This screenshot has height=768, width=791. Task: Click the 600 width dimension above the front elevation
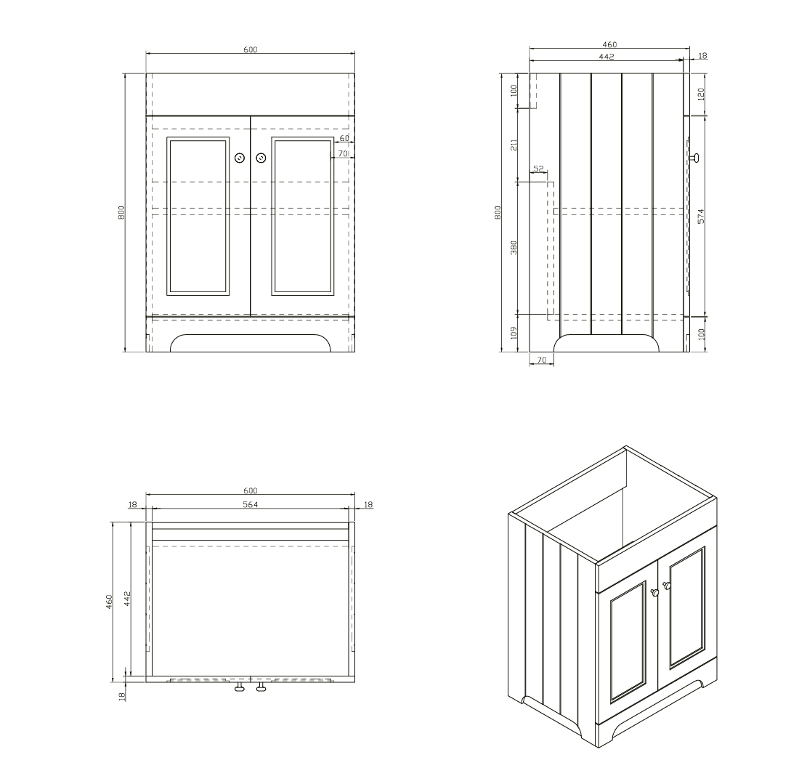(x=250, y=49)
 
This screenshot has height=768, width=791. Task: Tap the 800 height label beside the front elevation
(x=121, y=212)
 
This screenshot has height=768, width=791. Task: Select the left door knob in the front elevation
(x=240, y=158)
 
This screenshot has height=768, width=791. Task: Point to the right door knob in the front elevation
(x=261, y=158)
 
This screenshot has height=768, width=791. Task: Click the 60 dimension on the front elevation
(x=344, y=138)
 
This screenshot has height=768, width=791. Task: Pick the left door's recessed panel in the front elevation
(x=198, y=216)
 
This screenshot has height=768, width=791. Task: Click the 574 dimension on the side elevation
(x=700, y=217)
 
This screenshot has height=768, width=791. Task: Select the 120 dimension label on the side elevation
(x=700, y=94)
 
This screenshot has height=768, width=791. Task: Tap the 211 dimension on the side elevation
(x=514, y=145)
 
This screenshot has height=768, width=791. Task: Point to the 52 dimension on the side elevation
(x=539, y=169)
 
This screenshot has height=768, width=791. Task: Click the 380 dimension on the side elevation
(x=514, y=247)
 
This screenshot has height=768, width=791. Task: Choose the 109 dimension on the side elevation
(x=514, y=333)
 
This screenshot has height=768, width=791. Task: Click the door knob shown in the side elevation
(x=694, y=158)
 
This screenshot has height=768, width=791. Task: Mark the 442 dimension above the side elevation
(x=606, y=57)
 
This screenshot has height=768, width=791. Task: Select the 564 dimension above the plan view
(x=250, y=504)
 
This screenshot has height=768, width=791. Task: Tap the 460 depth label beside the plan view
(x=109, y=602)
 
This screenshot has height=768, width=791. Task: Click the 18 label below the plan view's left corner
(x=121, y=696)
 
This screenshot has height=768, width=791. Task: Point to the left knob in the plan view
(x=240, y=687)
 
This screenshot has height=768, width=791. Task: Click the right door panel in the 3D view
(x=686, y=608)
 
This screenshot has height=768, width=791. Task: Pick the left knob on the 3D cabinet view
(x=654, y=592)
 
